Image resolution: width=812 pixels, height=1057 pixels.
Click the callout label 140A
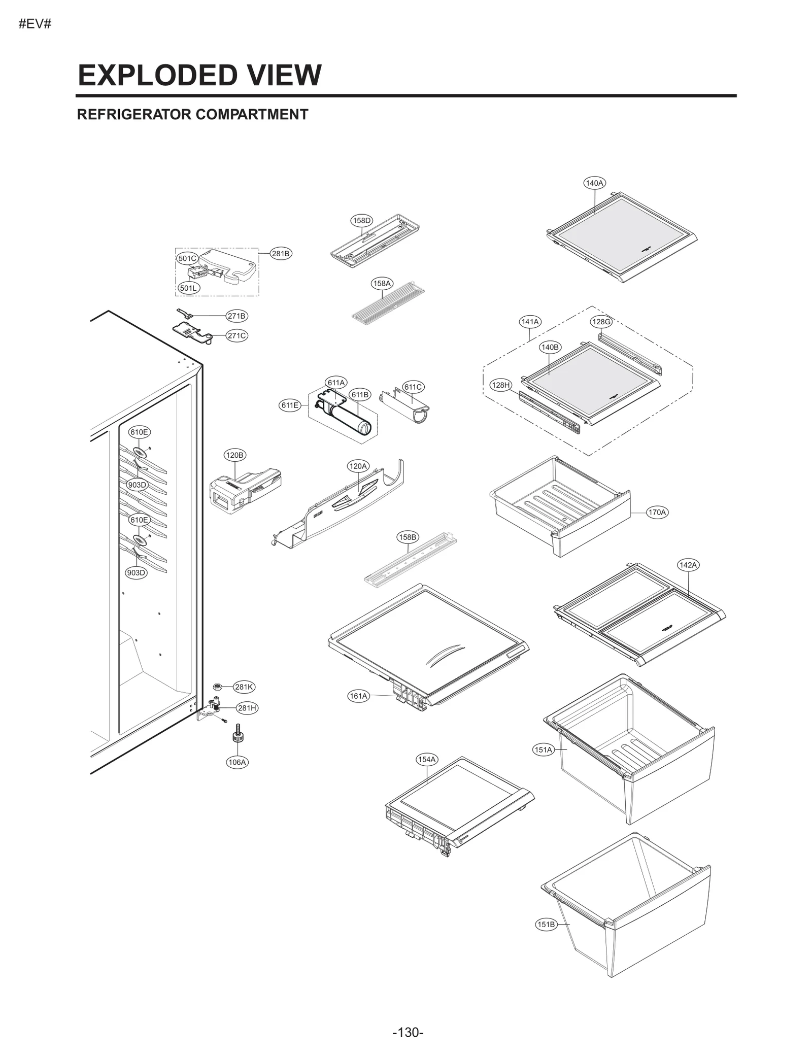point(594,183)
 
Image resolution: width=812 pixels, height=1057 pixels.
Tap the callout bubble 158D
point(362,220)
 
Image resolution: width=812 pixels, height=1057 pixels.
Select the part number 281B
point(281,253)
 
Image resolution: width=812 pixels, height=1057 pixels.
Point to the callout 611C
point(413,387)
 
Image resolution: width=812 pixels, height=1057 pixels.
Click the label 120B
point(234,455)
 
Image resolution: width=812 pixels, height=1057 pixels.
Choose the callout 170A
point(657,512)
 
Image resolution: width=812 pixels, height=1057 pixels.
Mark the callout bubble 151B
point(546,924)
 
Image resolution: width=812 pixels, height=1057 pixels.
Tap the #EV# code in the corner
point(35,24)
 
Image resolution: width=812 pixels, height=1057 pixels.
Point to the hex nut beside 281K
point(216,687)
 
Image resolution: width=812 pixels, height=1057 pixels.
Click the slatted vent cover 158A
point(388,304)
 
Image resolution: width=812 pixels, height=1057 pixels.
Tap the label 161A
point(358,696)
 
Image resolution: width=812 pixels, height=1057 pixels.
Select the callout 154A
point(426,759)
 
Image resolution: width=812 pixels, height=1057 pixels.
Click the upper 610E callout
point(139,432)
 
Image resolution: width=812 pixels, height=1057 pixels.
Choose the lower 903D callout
point(136,572)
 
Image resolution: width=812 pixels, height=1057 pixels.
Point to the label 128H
point(500,385)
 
